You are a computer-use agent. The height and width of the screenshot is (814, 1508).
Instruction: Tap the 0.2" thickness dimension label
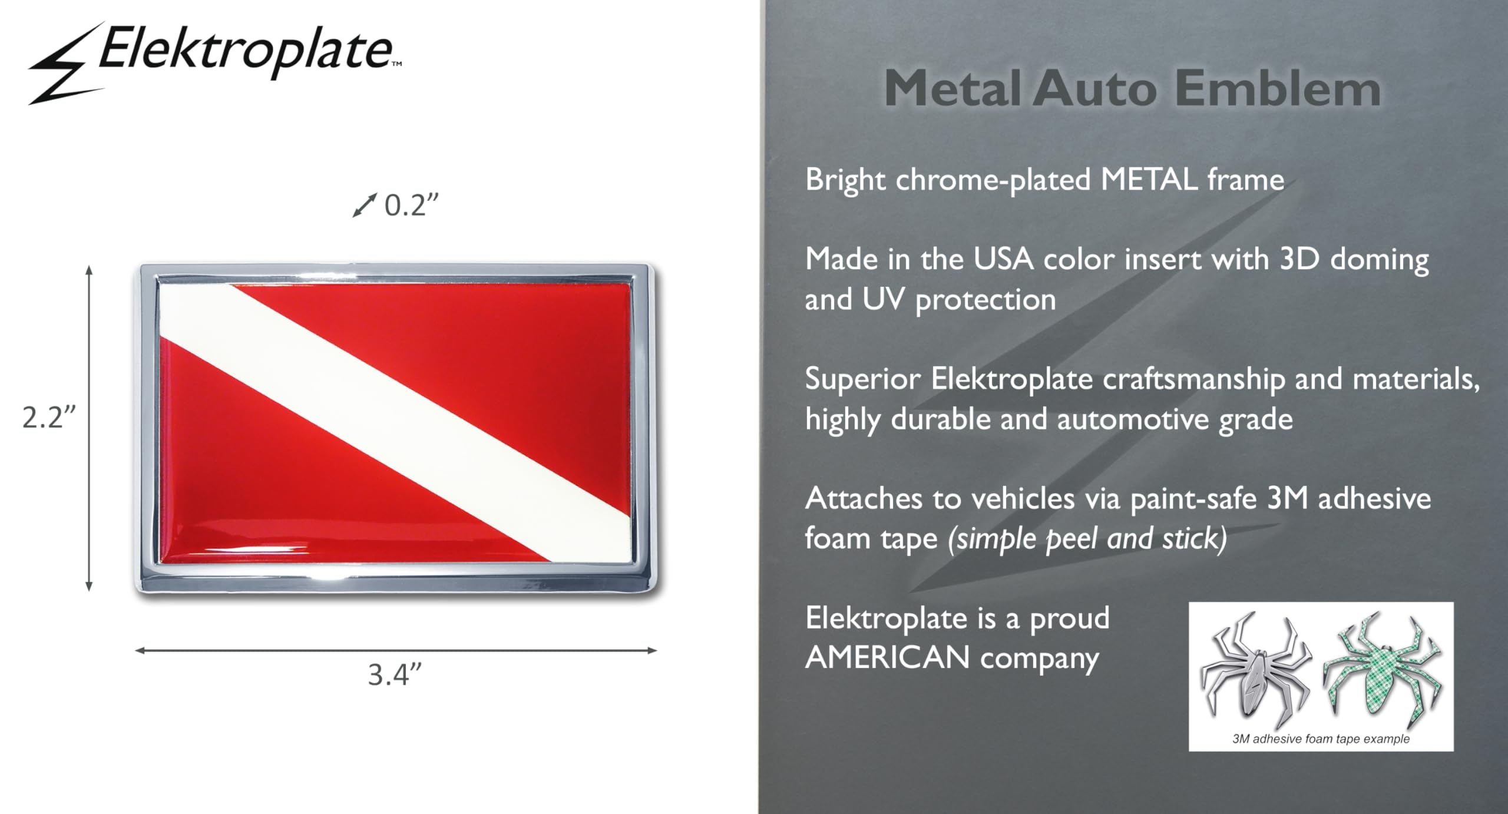[412, 206]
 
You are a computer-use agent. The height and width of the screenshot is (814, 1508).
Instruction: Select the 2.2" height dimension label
[49, 418]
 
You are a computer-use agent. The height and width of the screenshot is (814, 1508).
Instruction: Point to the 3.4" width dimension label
[395, 675]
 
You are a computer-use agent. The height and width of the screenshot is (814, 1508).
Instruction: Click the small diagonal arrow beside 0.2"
[364, 205]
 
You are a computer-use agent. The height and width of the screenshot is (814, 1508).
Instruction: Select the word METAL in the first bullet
[1149, 180]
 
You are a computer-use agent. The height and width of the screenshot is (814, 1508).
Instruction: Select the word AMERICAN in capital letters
[887, 658]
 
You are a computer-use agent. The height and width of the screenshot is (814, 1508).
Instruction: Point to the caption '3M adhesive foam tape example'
[1321, 739]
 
